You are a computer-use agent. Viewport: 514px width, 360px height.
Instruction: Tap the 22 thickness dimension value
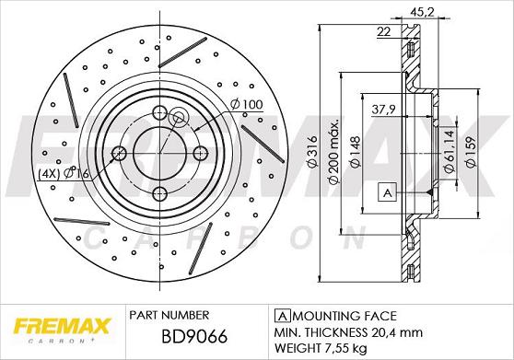coord(382,32)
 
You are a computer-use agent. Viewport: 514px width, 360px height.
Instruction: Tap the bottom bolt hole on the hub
coord(159,192)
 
